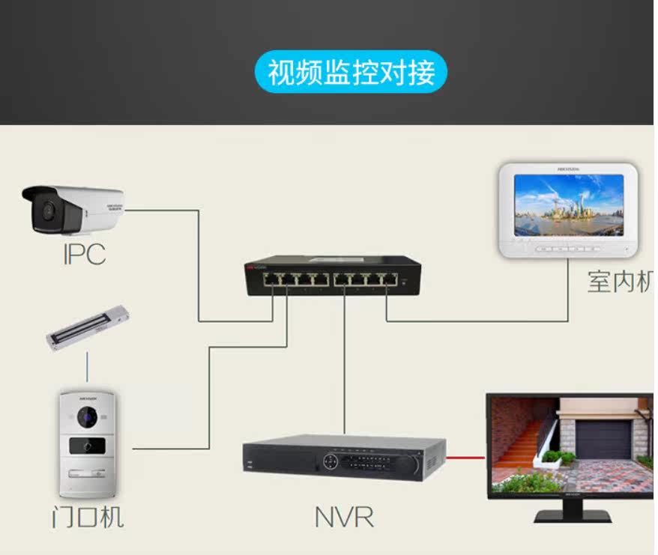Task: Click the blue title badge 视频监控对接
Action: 351,73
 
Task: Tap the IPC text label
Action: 84,253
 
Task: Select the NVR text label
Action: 344,516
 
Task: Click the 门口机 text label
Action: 88,516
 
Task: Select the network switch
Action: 332,275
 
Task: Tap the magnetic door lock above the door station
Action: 88,329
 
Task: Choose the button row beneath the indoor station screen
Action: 569,248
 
